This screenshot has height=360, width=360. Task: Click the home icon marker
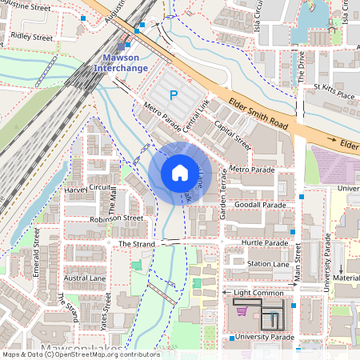tap(179, 174)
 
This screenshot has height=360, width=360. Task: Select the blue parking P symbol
tap(173, 96)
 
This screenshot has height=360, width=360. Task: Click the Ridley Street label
tap(32, 38)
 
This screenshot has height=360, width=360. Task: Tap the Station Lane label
tap(268, 263)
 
